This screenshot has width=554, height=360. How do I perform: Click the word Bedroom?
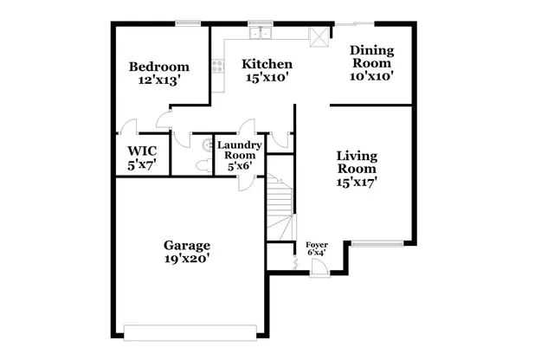[159, 67]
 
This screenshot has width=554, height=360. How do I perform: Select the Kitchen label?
[267, 64]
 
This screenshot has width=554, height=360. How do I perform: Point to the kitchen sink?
[260, 35]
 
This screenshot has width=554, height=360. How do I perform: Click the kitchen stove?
[216, 67]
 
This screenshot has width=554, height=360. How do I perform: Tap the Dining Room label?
[371, 56]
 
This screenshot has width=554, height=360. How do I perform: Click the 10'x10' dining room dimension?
[371, 75]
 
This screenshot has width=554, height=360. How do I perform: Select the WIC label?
[142, 151]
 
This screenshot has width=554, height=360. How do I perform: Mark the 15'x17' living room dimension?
[357, 183]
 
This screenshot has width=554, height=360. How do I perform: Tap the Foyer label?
[317, 247]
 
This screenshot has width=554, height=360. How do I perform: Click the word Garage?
[188, 245]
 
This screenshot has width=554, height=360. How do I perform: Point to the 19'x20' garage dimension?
[188, 259]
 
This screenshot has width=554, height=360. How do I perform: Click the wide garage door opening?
[190, 331]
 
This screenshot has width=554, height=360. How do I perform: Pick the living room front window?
[377, 243]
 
